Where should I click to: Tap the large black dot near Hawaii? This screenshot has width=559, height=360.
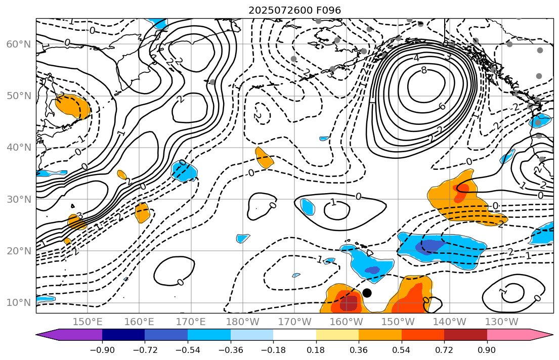367,293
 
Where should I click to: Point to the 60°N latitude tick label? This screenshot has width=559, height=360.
18,44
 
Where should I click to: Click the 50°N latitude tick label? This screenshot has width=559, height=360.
18,96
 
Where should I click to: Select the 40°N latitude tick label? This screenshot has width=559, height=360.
18,148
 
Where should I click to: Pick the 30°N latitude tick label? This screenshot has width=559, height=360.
18,199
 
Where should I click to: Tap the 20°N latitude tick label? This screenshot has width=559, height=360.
18,251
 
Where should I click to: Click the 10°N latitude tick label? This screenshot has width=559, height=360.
18,303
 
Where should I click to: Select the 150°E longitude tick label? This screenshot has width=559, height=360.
88,322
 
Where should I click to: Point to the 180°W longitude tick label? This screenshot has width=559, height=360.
243,322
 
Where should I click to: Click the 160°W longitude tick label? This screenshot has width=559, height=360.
347,322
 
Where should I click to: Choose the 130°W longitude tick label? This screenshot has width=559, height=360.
501,322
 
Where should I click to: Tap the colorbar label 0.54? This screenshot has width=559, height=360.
401,349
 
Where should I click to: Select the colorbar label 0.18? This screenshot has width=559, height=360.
316,349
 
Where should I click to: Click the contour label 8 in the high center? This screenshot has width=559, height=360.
423,71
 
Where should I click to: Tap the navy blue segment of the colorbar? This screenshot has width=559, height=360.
123,335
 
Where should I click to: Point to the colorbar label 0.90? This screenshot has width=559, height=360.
487,349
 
